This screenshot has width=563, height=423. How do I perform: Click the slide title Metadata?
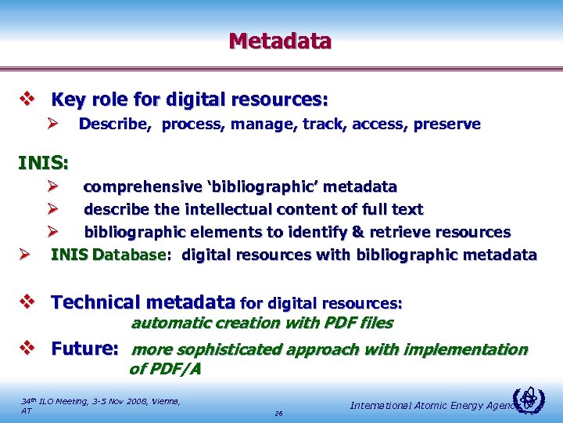pyautogui.click(x=280, y=41)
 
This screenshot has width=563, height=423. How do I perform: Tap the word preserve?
pyautogui.click(x=450, y=125)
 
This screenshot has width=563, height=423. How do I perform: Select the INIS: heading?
pyautogui.click(x=43, y=164)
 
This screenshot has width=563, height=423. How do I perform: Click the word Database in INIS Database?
pyautogui.click(x=129, y=255)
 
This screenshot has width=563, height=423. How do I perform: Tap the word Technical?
pyautogui.click(x=100, y=302)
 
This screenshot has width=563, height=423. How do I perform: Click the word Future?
pyautogui.click(x=84, y=349)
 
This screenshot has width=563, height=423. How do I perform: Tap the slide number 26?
pyautogui.click(x=278, y=413)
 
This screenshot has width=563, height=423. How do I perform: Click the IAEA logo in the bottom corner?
pyautogui.click(x=531, y=401)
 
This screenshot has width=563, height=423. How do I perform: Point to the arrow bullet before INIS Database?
pyautogui.click(x=24, y=255)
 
